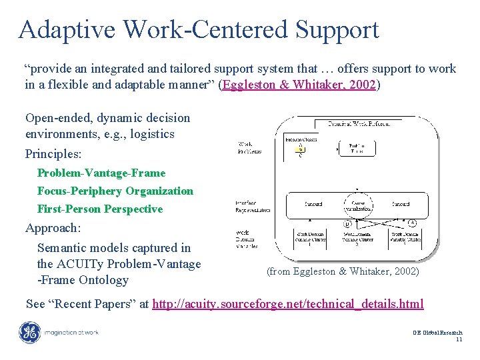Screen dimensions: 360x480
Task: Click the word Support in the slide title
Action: (x=337, y=30)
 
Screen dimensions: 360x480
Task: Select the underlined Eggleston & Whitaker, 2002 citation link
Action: (x=299, y=85)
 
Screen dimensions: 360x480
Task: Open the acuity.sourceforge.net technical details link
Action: (x=287, y=304)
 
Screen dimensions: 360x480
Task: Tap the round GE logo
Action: (x=29, y=333)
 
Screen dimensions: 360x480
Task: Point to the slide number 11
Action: (x=459, y=340)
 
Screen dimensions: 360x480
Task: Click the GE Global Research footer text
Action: (x=437, y=332)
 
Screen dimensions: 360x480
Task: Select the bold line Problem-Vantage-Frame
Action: (x=101, y=173)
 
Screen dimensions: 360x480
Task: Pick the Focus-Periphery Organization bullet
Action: (x=115, y=191)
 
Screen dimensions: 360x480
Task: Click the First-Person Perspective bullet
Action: (x=100, y=209)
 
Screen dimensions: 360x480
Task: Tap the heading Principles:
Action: (x=53, y=154)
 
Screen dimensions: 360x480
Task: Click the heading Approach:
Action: (x=53, y=228)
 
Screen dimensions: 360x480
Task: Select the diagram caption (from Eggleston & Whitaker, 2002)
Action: (x=343, y=271)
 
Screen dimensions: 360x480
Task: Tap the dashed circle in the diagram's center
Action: (x=358, y=204)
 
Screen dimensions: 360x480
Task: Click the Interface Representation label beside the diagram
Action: (x=253, y=206)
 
